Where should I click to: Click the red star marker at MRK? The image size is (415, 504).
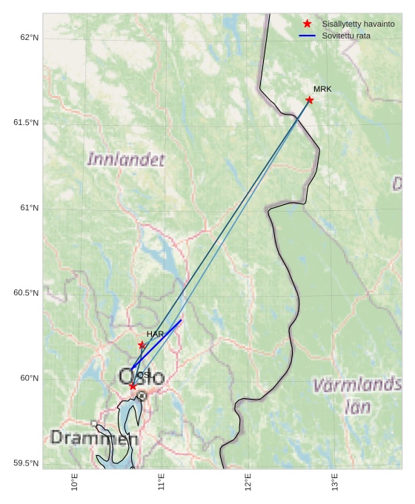pyautogui.click(x=309, y=100)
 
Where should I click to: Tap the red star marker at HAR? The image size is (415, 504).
pyautogui.click(x=142, y=345)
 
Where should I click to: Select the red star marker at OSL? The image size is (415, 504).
pyautogui.click(x=133, y=386)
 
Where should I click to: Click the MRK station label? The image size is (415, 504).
pyautogui.click(x=322, y=89)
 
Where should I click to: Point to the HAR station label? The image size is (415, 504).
pyautogui.click(x=155, y=335)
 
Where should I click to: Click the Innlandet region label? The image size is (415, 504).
pyautogui.click(x=126, y=159)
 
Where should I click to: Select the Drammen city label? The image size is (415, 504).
pyautogui.click(x=94, y=438)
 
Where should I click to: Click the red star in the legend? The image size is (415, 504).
pyautogui.click(x=307, y=24)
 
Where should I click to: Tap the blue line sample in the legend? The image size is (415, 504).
pyautogui.click(x=307, y=36)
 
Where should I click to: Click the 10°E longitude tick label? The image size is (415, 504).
pyautogui.click(x=74, y=483)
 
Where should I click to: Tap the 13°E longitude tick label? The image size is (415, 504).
pyautogui.click(x=335, y=483)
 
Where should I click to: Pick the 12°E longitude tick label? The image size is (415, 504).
pyautogui.click(x=248, y=483)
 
